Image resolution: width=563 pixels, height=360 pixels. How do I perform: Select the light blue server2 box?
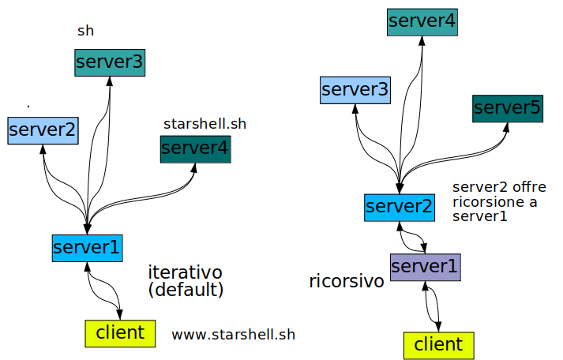43,129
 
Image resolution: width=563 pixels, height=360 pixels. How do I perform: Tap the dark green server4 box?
195,148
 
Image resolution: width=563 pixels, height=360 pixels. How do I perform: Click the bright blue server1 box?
87,247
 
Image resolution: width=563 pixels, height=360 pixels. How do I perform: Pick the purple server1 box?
425,267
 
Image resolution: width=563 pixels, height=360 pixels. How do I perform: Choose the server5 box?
507,107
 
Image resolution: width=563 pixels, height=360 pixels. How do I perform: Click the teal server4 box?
422,21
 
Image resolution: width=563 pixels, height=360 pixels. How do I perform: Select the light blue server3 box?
355,90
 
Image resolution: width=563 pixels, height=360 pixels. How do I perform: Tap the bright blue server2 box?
400,207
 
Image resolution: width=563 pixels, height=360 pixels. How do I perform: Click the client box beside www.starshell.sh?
120,332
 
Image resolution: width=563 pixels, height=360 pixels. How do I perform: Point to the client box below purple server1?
438,345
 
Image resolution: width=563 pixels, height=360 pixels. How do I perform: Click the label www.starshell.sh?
233,335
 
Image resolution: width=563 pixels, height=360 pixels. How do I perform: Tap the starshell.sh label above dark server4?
205,124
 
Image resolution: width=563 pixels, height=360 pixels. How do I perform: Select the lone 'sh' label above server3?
85,31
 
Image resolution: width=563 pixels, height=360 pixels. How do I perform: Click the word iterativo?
185,272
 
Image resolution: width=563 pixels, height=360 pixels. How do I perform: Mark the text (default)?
186,290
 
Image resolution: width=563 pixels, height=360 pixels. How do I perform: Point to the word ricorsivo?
347,281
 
